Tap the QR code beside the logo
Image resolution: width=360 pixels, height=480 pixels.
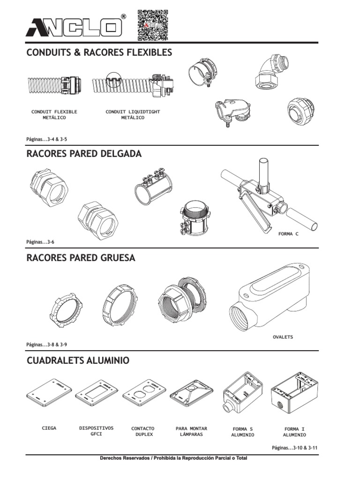153,25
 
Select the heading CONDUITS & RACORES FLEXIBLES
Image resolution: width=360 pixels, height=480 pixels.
99,52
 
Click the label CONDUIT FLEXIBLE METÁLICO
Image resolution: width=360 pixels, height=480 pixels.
54,114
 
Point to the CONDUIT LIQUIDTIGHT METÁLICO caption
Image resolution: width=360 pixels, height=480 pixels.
133,114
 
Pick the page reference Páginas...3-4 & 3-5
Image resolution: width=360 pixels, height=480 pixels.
46,139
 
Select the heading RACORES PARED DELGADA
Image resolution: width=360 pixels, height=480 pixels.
84,154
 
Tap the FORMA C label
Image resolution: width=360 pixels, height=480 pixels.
288,234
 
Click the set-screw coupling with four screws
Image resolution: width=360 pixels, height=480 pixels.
153,186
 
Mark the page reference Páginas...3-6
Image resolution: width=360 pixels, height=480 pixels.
40,242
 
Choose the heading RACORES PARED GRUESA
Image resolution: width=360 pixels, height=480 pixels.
81,258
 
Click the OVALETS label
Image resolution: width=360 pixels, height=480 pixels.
283,337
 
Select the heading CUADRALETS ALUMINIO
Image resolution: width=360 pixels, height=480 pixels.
78,360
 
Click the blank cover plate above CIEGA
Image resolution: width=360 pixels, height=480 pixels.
49,393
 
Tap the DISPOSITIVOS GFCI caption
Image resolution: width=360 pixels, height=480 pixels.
96,431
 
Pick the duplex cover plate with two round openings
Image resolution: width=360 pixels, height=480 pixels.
144,393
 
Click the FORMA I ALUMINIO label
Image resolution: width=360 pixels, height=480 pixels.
294,432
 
